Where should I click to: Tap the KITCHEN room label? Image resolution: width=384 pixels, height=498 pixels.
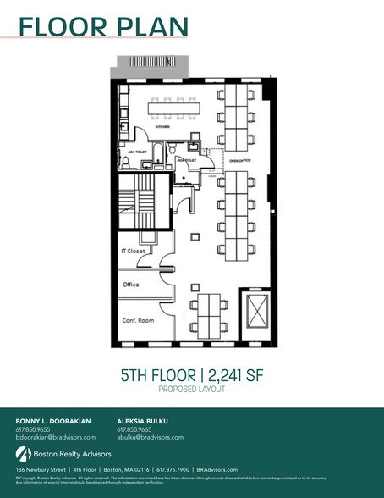[162, 126]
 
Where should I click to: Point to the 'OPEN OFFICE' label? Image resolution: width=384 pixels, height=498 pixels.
[239, 158]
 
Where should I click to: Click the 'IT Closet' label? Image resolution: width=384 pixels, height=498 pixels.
[133, 251]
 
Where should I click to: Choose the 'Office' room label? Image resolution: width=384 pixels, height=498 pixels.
[131, 285]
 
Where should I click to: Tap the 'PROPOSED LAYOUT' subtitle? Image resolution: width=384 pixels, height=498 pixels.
[191, 390]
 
